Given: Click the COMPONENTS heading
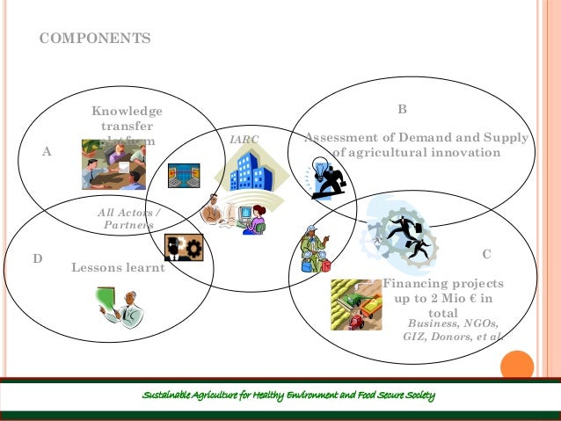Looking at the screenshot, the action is pos(95,40).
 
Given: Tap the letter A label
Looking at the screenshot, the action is pos(47,151).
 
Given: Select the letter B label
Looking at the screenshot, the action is pos(402,110).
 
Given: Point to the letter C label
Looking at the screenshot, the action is pos(487,254).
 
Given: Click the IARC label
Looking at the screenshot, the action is pos(244,140).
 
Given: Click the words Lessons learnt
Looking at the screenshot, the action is pos(118,268).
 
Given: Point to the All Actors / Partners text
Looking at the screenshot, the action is pos(129,219).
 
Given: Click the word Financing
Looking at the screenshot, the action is pos(413,284).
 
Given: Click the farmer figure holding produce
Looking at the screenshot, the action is pos(312,250).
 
